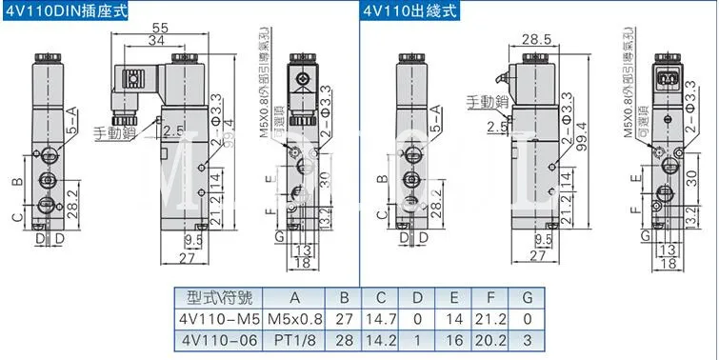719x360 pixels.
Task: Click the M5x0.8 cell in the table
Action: coord(292,318)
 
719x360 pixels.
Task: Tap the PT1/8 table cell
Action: coord(292,340)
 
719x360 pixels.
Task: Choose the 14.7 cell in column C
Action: coord(381,318)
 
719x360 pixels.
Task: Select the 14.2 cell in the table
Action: coord(381,340)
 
